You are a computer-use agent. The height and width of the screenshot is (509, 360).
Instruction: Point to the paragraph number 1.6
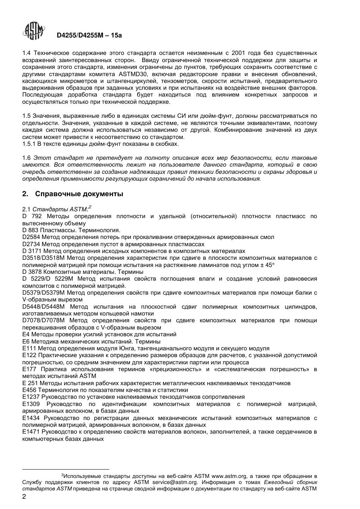pos(27,158)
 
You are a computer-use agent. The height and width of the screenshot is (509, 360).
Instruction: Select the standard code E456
pos(29,390)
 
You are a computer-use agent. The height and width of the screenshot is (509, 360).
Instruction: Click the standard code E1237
pos(31,397)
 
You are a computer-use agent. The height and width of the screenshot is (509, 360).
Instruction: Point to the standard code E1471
pos(31,432)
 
